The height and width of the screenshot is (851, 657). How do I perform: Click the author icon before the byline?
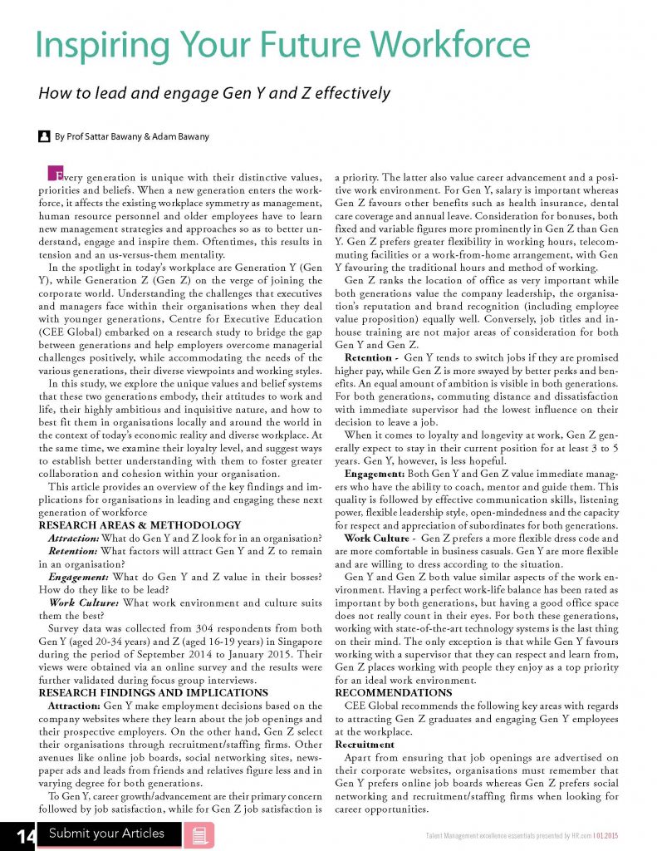(x=44, y=135)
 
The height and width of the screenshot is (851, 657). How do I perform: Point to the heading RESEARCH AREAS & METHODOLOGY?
(x=140, y=525)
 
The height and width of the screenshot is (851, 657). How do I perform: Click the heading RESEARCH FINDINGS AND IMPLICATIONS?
(x=154, y=692)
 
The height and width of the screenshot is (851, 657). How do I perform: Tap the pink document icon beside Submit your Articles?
(x=199, y=835)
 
